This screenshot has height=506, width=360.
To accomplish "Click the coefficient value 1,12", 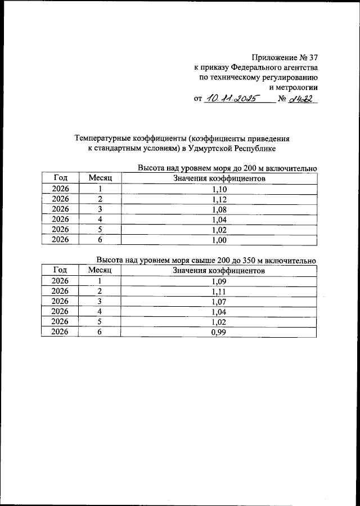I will tap(219, 199).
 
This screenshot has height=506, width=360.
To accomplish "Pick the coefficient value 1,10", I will tap(219, 189).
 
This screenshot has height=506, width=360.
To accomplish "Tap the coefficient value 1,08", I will tap(219, 209).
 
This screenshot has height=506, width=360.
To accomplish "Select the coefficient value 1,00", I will tap(219, 240).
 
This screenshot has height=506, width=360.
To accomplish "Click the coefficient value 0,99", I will tap(219, 332).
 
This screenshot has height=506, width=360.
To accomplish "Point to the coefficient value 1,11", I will tap(219, 292).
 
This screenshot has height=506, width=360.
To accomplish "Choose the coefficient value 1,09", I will tap(219, 281).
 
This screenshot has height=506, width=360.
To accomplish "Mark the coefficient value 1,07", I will tap(219, 302).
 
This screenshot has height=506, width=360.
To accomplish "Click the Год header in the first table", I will tap(60, 178).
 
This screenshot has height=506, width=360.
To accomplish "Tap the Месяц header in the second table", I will tap(101, 271).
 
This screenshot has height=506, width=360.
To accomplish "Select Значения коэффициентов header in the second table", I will tap(219, 271).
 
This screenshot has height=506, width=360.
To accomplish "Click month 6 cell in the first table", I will tap(101, 240).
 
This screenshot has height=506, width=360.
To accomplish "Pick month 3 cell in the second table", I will tap(101, 302).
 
